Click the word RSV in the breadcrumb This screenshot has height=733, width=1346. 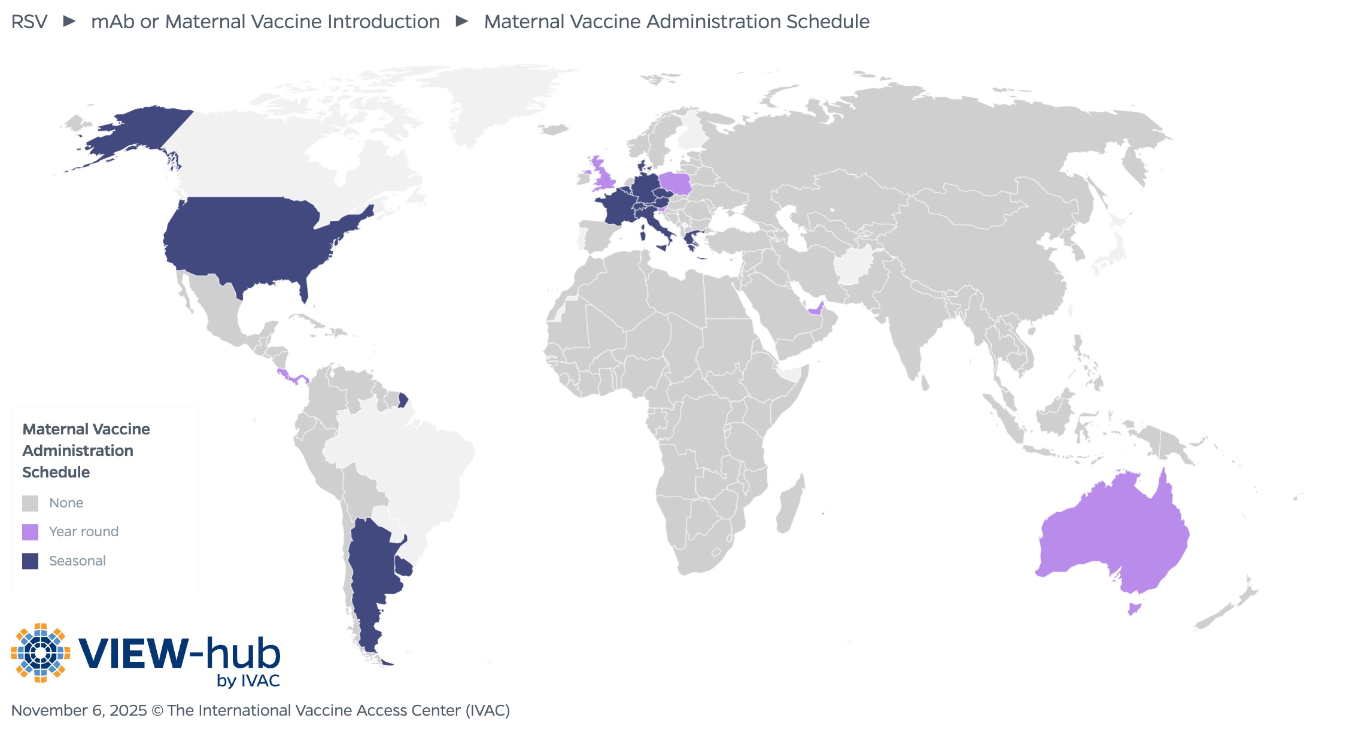[x=29, y=22]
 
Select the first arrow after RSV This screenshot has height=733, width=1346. [x=69, y=22]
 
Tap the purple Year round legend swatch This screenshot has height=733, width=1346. [x=30, y=532]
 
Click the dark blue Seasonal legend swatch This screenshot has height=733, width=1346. [x=30, y=561]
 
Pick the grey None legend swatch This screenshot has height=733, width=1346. [x=30, y=503]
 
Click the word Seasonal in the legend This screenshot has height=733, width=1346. [x=77, y=561]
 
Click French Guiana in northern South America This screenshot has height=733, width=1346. [x=403, y=400]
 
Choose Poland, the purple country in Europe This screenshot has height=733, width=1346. [x=676, y=183]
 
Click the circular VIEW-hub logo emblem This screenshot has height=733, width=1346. [x=40, y=653]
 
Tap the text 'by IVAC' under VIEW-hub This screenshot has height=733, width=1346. [x=248, y=681]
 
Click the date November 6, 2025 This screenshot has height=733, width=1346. [x=78, y=710]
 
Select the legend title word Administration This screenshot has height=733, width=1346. [x=78, y=451]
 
